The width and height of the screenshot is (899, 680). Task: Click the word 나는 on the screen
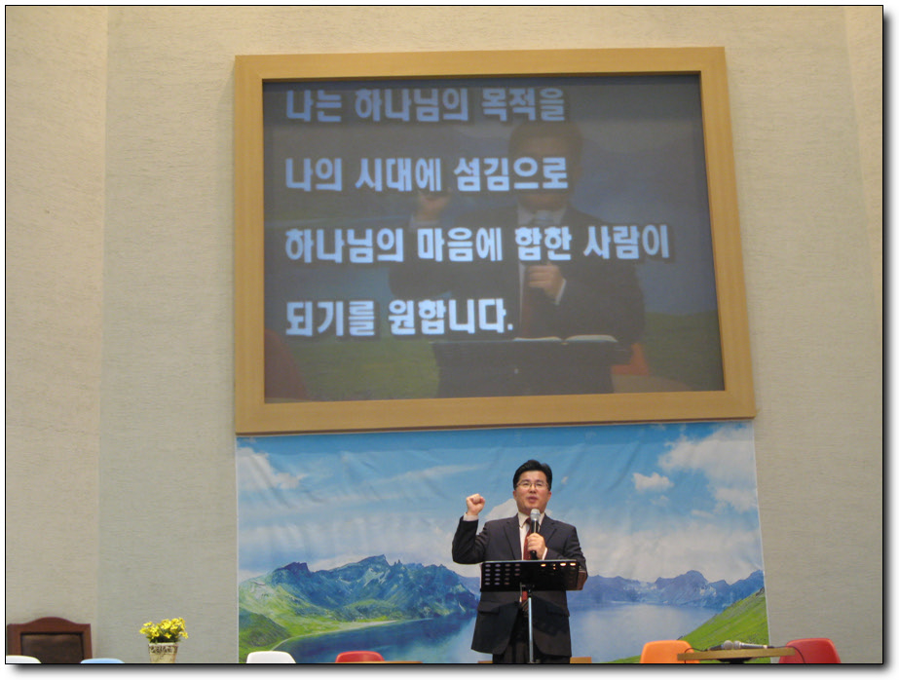tap(314, 105)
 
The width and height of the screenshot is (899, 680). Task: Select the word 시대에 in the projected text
tap(398, 174)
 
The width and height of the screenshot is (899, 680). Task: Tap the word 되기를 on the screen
tap(330, 317)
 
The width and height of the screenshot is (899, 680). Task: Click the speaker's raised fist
tap(474, 504)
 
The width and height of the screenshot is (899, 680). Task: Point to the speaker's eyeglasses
tap(532, 485)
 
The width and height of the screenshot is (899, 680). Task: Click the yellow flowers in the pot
tap(164, 629)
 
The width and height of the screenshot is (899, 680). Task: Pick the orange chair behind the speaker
tap(666, 652)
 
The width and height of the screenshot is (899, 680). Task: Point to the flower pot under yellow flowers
tap(164, 653)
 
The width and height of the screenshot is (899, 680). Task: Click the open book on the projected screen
tap(565, 339)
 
